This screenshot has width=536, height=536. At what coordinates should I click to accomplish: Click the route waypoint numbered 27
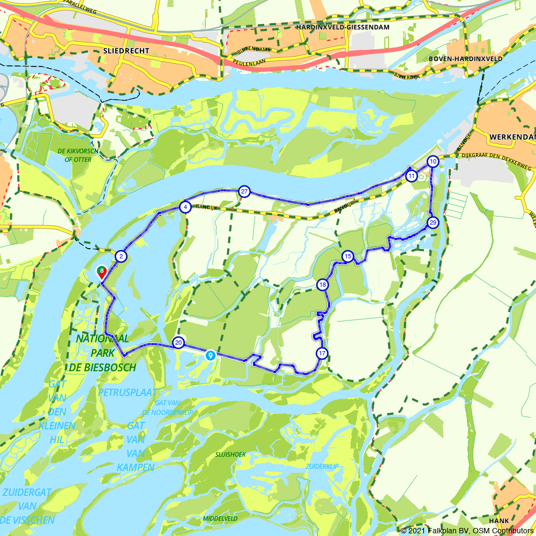click(244, 191)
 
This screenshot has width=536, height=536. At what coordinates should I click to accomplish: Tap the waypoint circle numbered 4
click(185, 207)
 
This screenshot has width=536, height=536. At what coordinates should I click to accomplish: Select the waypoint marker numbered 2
click(122, 257)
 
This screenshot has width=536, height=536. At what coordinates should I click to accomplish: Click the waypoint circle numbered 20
click(178, 343)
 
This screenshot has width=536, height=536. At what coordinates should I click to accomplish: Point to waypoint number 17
click(322, 353)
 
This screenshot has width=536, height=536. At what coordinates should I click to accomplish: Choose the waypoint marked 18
click(322, 285)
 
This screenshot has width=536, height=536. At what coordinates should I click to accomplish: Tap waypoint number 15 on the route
click(348, 257)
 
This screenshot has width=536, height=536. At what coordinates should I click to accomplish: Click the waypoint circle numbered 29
click(433, 222)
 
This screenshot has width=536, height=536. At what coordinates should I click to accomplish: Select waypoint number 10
click(433, 161)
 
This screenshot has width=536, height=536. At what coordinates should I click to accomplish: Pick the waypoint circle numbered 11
click(411, 176)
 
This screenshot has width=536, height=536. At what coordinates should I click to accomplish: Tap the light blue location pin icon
click(211, 355)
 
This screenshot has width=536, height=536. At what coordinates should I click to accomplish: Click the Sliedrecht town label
click(124, 50)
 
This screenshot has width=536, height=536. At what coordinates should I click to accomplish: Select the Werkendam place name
click(512, 137)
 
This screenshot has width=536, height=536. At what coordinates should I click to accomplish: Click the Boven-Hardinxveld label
click(466, 58)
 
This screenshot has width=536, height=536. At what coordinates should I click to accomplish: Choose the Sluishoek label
click(230, 454)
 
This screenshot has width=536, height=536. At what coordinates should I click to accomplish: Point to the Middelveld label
click(220, 519)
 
